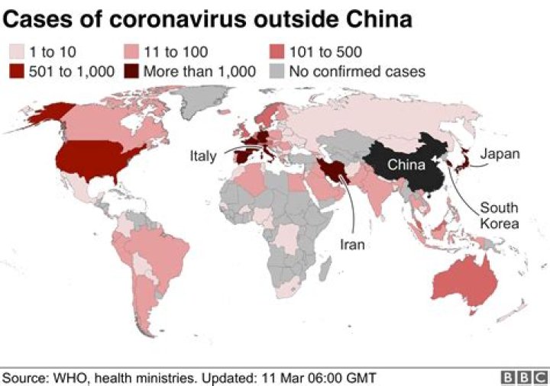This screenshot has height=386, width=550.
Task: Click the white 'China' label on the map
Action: pos(404,162)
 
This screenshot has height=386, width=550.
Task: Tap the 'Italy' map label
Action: pos(203,156)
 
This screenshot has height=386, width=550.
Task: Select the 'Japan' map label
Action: pos(501,154)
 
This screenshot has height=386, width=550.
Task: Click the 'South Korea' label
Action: pos(499,216)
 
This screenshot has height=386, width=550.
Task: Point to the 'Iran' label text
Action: pos(353,245)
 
